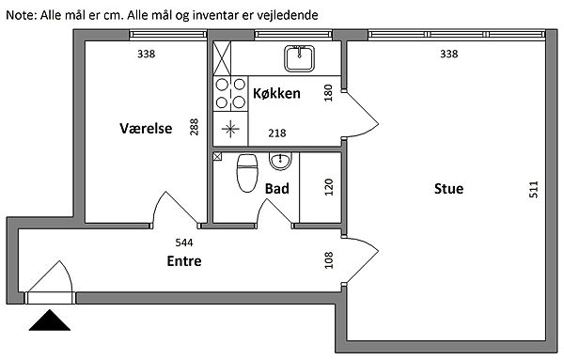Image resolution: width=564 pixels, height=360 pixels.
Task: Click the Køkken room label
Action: click(x=276, y=93)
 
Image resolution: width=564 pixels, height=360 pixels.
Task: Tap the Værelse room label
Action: click(x=146, y=129)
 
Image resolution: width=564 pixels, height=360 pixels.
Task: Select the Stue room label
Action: click(x=449, y=189)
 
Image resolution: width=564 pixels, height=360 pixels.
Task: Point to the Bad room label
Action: click(x=277, y=189)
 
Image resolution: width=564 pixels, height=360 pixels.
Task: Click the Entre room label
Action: click(x=184, y=261)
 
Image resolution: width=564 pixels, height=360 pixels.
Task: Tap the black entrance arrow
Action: click(x=50, y=321)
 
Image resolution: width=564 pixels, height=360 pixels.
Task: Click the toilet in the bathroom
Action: click(x=247, y=173)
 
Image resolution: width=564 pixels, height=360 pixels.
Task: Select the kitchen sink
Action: click(x=299, y=58)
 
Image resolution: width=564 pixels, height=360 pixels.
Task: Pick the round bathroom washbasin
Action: click(x=280, y=161)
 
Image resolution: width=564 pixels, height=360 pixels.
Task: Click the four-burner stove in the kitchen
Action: click(x=230, y=94)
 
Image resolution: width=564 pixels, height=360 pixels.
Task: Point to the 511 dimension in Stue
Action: click(x=534, y=189)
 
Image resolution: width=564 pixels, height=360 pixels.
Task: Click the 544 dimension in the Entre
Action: click(x=184, y=243)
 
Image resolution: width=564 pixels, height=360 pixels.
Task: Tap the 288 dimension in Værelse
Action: click(x=194, y=127)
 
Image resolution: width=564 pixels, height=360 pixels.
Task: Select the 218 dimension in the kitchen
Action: click(x=277, y=133)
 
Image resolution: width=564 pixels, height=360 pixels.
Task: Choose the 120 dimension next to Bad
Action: click(x=329, y=187)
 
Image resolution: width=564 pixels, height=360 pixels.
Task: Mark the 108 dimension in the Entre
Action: click(x=329, y=260)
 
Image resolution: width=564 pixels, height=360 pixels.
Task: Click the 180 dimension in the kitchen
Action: click(x=328, y=93)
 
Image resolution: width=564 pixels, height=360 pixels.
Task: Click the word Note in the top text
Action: click(x=20, y=15)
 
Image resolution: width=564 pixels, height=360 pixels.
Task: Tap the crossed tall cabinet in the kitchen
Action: click(x=222, y=58)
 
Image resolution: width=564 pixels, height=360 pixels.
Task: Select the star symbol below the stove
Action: click(x=230, y=129)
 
